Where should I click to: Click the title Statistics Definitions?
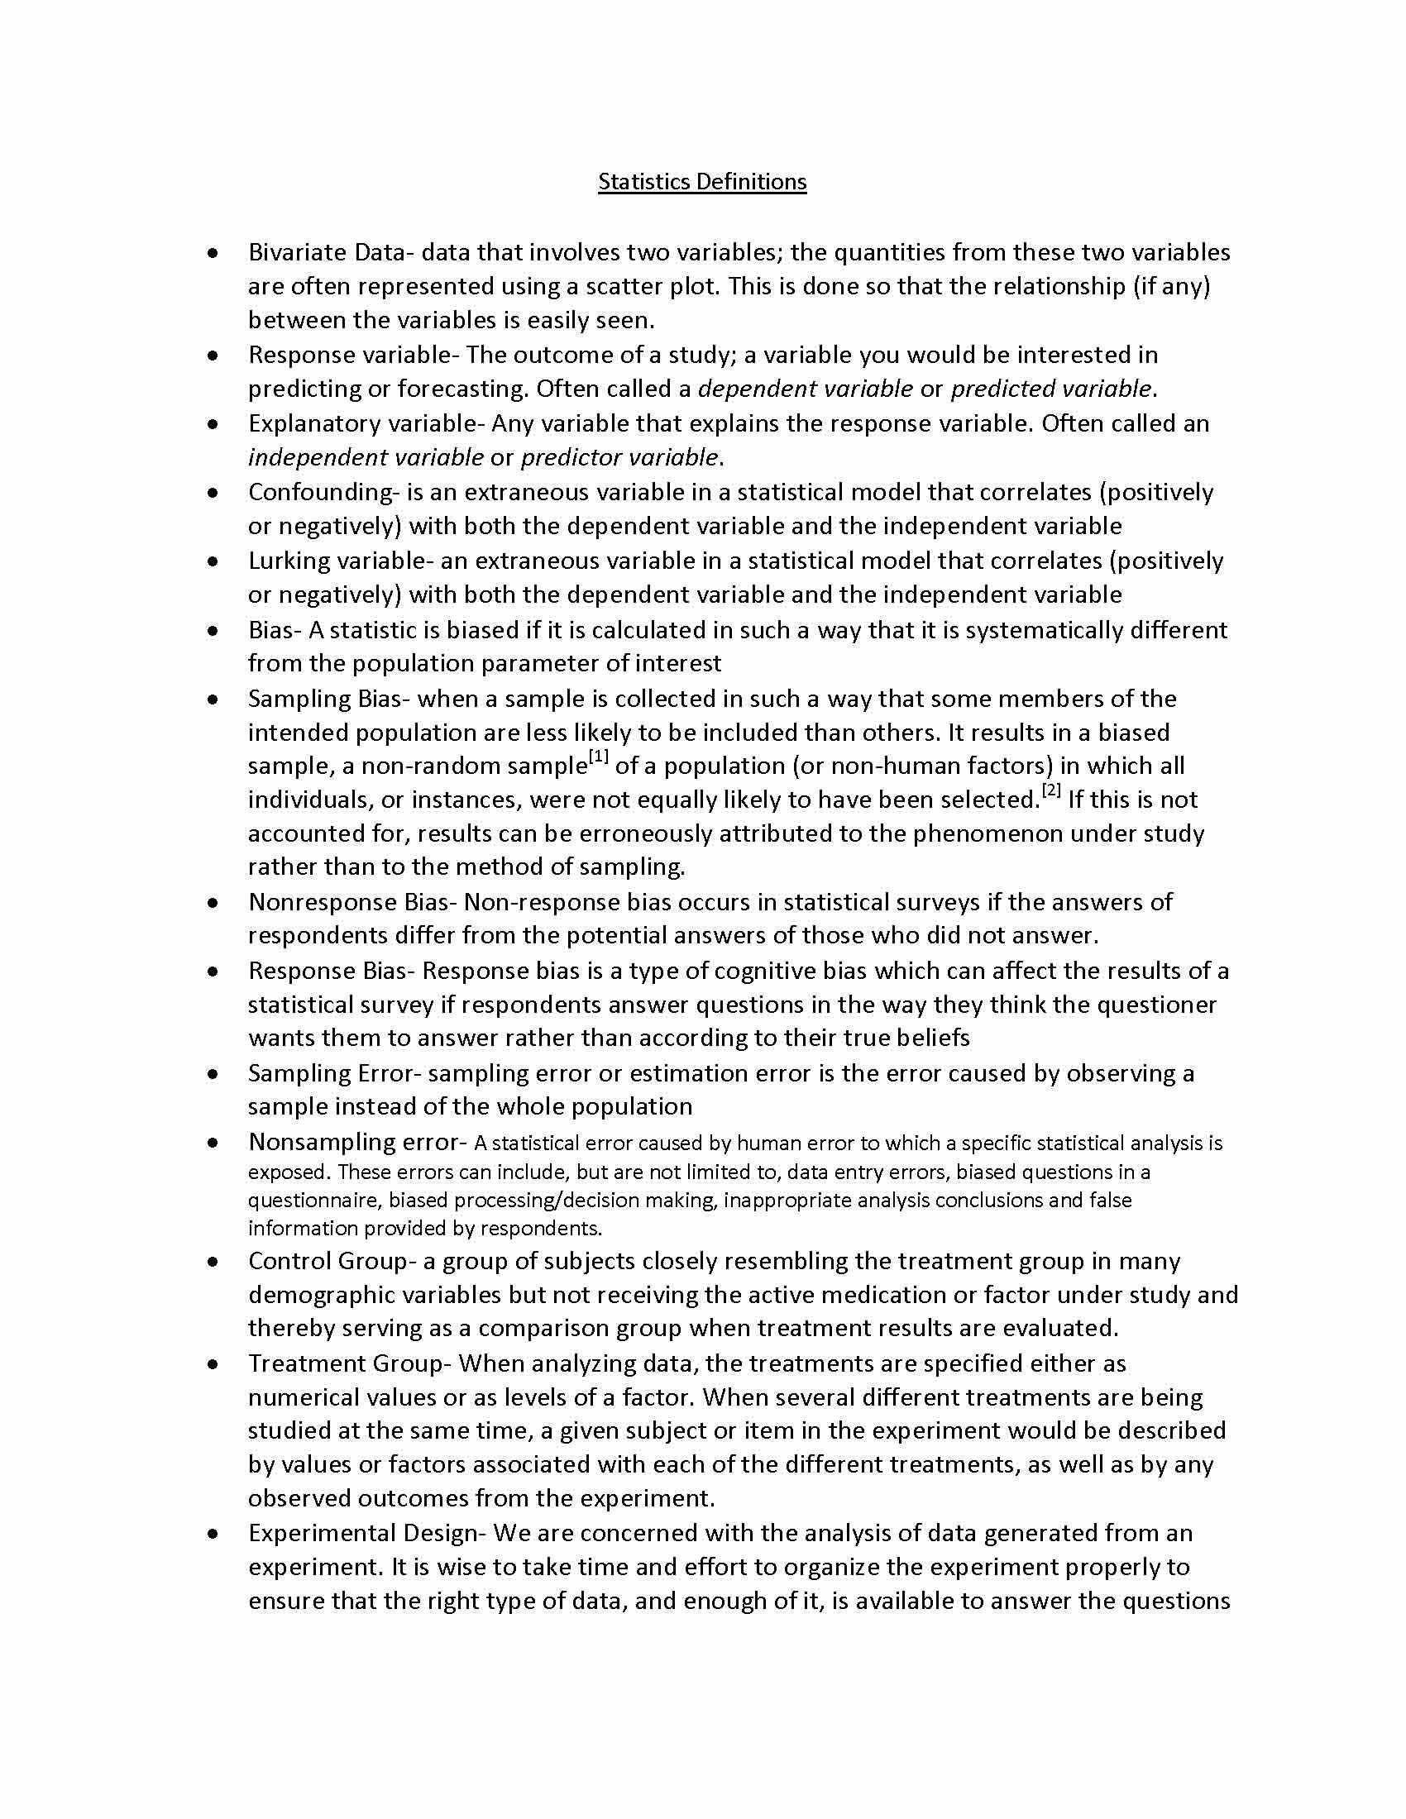[x=702, y=182]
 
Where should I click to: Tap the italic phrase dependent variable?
[x=806, y=389]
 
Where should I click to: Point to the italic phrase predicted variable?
[x=1051, y=389]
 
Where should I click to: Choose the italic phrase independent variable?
[x=366, y=457]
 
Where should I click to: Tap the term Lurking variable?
[x=336, y=561]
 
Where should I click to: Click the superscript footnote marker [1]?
[x=599, y=757]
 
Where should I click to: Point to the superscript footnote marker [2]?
[x=1051, y=790]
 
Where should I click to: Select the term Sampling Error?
[x=335, y=1073]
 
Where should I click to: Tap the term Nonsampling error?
[x=353, y=1142]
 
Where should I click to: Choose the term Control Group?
[x=327, y=1261]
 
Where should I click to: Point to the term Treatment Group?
[x=348, y=1363]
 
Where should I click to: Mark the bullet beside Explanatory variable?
[x=214, y=424]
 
